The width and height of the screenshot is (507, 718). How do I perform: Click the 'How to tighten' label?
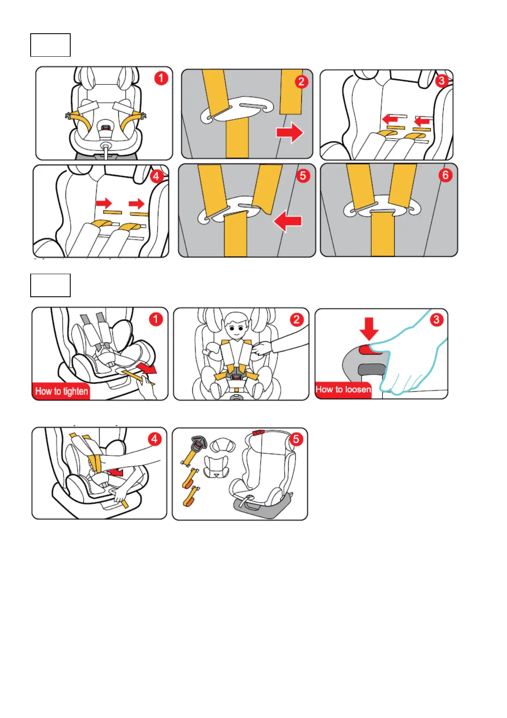click(61, 391)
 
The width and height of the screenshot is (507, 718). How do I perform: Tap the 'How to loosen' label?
click(343, 389)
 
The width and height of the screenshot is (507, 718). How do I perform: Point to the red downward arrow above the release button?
click(369, 328)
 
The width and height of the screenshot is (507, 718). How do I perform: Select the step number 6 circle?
click(445, 175)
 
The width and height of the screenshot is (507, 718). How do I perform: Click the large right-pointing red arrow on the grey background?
click(290, 132)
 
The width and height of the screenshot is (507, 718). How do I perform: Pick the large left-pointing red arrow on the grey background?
click(288, 222)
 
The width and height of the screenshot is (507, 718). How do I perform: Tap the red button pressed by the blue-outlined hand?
click(369, 350)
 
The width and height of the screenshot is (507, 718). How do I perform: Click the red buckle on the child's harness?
click(236, 378)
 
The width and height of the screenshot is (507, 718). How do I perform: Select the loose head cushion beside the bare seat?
click(223, 446)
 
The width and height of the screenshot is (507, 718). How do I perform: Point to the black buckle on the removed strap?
click(198, 446)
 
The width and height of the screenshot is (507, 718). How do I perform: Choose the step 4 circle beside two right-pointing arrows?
click(156, 176)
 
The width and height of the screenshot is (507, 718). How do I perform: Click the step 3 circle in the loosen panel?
click(436, 319)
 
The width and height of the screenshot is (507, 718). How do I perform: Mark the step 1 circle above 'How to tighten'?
click(156, 319)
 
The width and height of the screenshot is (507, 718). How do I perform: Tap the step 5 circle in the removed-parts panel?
click(296, 439)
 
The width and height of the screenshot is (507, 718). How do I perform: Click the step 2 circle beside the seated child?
click(296, 319)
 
